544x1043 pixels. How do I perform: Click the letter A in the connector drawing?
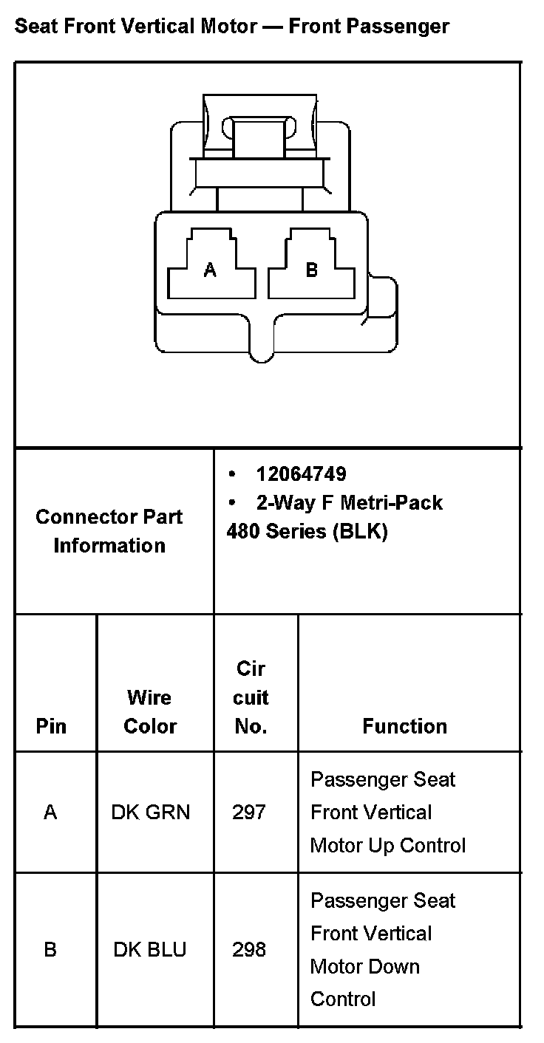point(211,270)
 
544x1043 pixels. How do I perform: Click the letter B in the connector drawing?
point(311,270)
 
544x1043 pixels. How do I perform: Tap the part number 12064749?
point(301,473)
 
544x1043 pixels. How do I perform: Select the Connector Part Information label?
point(109,531)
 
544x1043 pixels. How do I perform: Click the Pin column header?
point(51,726)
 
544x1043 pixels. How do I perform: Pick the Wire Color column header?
point(150,712)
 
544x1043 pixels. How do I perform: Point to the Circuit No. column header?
point(251,698)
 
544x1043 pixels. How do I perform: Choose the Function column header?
point(404,726)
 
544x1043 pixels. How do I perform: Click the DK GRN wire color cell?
point(151,813)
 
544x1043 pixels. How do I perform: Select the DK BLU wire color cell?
point(151,949)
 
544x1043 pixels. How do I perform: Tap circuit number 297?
point(249,813)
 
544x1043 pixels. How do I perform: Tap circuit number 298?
point(249,949)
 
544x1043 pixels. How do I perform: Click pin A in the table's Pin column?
point(50,813)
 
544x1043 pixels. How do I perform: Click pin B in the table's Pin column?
point(50,949)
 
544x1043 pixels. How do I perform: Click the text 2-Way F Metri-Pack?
point(349,503)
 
